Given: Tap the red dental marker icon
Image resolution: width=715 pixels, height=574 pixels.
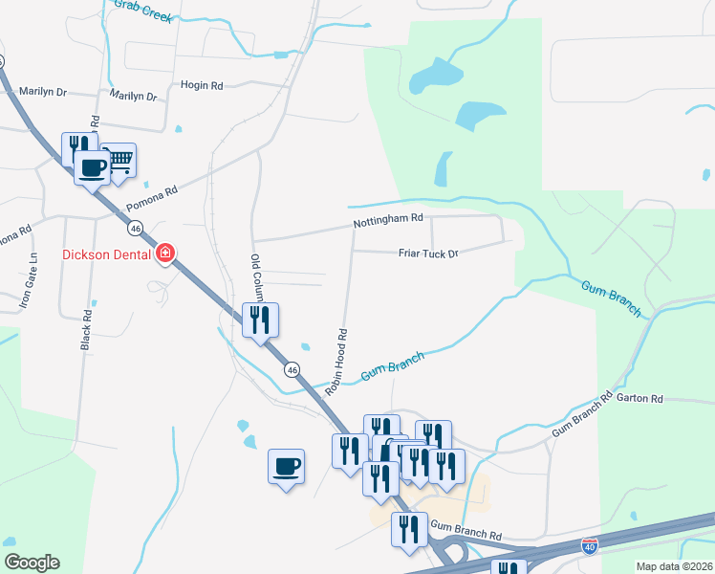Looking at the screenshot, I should click(x=165, y=254).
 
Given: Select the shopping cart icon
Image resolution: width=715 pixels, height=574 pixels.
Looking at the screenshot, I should click(x=119, y=162).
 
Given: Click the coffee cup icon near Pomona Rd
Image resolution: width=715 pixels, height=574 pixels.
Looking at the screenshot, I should click(x=93, y=168).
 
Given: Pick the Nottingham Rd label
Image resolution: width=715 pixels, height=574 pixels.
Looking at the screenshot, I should click(x=387, y=219).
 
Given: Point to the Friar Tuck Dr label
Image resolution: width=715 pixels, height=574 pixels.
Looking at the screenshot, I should click(x=429, y=254).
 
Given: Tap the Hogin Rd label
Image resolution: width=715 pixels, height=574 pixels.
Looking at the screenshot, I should click(x=202, y=86).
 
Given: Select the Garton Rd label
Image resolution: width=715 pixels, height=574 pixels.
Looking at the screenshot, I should click(x=639, y=398).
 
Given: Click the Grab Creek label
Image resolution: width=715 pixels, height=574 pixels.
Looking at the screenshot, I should click(x=142, y=11).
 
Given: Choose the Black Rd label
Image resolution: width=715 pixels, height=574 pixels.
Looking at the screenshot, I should click(x=87, y=328).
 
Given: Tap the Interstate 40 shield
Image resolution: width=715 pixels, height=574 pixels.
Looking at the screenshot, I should click(x=590, y=546).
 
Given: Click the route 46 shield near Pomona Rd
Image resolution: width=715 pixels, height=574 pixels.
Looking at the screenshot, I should click(x=136, y=229).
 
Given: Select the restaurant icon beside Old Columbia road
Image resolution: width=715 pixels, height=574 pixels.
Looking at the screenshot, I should click(x=261, y=320).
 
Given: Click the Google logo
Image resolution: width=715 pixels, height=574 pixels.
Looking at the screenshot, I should click(x=32, y=563).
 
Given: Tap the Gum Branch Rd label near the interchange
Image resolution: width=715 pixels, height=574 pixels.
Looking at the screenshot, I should click(x=466, y=527).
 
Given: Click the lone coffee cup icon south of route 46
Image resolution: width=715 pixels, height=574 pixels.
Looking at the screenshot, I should click(x=286, y=467).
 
